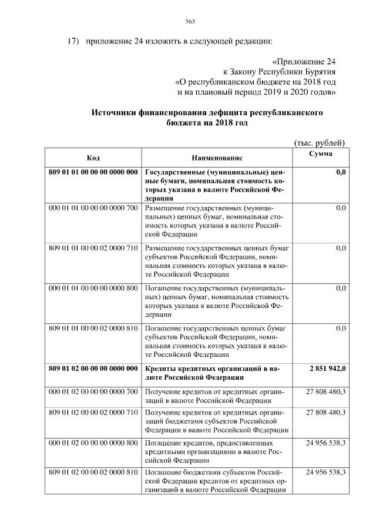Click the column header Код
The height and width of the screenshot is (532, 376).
(93, 158)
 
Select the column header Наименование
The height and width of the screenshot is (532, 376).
(217, 159)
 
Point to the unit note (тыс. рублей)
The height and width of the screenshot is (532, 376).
(318, 143)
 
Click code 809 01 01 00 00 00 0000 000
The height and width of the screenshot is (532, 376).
(93, 173)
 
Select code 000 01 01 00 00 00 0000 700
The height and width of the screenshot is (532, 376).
(93, 208)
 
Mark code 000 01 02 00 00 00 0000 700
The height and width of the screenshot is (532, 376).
(93, 392)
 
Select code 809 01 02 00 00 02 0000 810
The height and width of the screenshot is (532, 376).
(93, 472)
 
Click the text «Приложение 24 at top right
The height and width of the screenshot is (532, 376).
(305, 62)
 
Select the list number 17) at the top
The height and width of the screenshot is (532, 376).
(72, 42)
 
